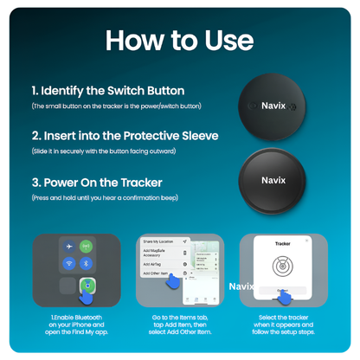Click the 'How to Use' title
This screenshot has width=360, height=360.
coord(179,40)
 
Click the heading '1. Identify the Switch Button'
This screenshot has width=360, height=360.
coord(107,91)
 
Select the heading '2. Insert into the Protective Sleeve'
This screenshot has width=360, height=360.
coord(124,136)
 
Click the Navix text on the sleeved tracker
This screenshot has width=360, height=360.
coord(273,180)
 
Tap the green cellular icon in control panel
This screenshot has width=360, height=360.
coord(87,246)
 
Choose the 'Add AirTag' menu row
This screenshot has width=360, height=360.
coord(157,263)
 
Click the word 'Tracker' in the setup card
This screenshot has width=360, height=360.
coord(283,245)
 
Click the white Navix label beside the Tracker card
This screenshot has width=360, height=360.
coord(241,285)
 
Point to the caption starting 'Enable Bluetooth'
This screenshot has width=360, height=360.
coord(76,325)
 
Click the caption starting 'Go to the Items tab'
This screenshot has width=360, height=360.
coord(179,325)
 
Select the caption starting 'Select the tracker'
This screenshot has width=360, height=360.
coord(283,325)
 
